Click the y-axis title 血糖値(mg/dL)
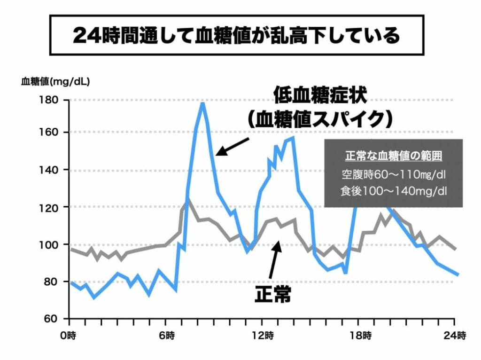tap(55, 81)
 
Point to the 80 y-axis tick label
tap(50, 282)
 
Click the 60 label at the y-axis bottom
tap(50, 319)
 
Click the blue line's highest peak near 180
tap(202, 103)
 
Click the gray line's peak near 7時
tap(187, 199)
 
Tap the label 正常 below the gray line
tap(273, 295)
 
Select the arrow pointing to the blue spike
tap(232, 146)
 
